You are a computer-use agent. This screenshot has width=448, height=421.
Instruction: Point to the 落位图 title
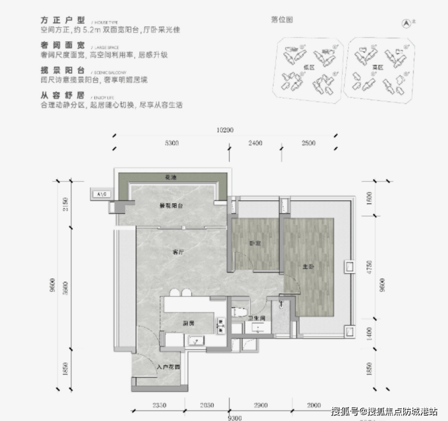[283, 19]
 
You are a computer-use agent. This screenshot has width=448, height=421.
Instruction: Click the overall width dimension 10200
[225, 130]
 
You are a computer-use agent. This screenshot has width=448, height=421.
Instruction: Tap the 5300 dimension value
[171, 144]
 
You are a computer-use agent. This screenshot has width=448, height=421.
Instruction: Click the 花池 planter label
[171, 177]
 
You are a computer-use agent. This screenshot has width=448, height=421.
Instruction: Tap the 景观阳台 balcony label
[171, 207]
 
